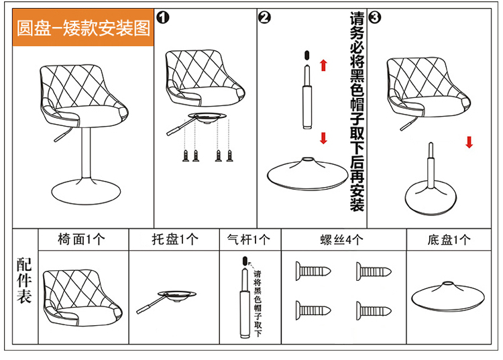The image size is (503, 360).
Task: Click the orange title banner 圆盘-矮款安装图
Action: pyautogui.click(x=84, y=29)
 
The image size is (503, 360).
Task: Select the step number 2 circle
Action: pyautogui.click(x=264, y=18)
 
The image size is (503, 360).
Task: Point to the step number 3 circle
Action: pyautogui.click(x=374, y=17)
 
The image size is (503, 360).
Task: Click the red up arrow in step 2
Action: pyautogui.click(x=323, y=65)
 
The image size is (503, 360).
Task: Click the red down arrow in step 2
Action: pyautogui.click(x=323, y=138)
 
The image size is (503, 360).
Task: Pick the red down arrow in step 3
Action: pyautogui.click(x=469, y=142)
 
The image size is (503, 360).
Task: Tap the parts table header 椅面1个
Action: pyautogui.click(x=82, y=239)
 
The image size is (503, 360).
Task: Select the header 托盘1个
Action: pyautogui.click(x=174, y=239)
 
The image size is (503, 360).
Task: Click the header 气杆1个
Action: pyautogui.click(x=249, y=239)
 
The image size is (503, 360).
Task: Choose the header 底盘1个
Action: pyautogui.click(x=448, y=239)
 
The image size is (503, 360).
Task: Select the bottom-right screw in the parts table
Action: pyautogui.click(x=373, y=310)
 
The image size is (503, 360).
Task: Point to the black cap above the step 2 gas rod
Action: pyautogui.click(x=306, y=54)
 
